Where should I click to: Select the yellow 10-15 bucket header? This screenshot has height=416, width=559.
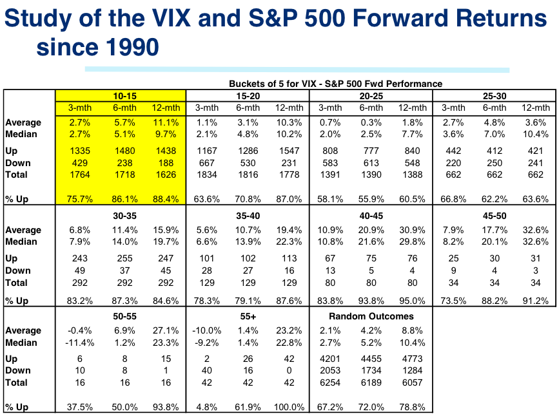click(x=121, y=95)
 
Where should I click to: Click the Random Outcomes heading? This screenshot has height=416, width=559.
click(x=371, y=316)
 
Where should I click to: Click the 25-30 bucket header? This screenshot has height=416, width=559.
click(x=494, y=95)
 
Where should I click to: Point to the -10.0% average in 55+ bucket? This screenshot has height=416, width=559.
click(x=206, y=330)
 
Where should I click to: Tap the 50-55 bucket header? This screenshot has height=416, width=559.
click(x=121, y=316)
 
